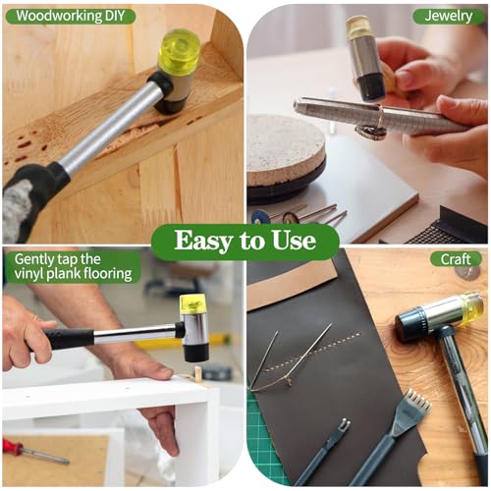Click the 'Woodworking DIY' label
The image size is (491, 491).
(71, 16)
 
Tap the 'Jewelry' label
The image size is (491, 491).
(449, 16)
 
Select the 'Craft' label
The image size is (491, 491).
(456, 259)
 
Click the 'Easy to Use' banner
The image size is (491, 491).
(245, 242)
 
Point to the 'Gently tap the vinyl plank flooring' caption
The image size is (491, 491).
(74, 267)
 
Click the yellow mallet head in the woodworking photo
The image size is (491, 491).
(179, 52)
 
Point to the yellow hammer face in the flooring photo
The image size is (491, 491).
(193, 303)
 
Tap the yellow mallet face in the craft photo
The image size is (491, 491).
(472, 309)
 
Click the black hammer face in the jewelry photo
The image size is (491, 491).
(370, 86)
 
